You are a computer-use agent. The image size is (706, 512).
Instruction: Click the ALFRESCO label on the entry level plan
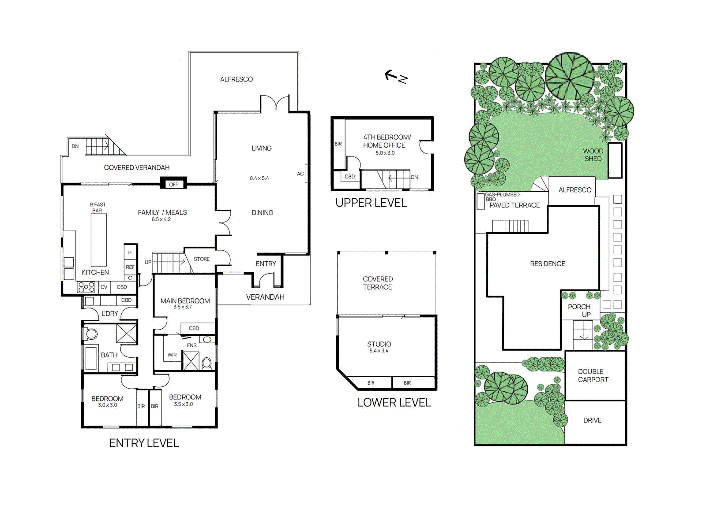237,79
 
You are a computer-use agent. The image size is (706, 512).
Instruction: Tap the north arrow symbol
396,77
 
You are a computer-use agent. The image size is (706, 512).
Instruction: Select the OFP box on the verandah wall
174,184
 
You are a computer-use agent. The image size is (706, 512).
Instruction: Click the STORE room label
202,259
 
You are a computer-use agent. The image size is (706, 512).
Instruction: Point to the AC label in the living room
300,174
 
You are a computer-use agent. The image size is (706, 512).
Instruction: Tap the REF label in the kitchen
130,267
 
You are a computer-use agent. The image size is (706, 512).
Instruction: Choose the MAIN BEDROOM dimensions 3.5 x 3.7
182,307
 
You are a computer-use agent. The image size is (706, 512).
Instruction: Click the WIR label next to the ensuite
172,355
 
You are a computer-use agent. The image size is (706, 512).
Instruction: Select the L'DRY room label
110,314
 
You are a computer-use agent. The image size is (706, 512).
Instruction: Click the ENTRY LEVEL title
144,443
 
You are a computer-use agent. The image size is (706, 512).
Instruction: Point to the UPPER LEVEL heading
371,203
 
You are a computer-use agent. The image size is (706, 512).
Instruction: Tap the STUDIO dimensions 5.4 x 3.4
379,351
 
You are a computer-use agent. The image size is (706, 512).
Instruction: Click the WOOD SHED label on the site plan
593,155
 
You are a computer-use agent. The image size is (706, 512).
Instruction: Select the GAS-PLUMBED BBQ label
502,197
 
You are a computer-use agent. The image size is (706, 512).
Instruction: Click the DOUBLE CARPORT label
593,375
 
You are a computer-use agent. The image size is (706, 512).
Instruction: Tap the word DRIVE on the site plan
592,420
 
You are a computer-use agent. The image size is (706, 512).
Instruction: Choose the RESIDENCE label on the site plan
548,263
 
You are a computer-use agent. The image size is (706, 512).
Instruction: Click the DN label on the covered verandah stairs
75,146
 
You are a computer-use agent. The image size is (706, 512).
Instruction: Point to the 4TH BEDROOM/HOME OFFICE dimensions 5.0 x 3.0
385,153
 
